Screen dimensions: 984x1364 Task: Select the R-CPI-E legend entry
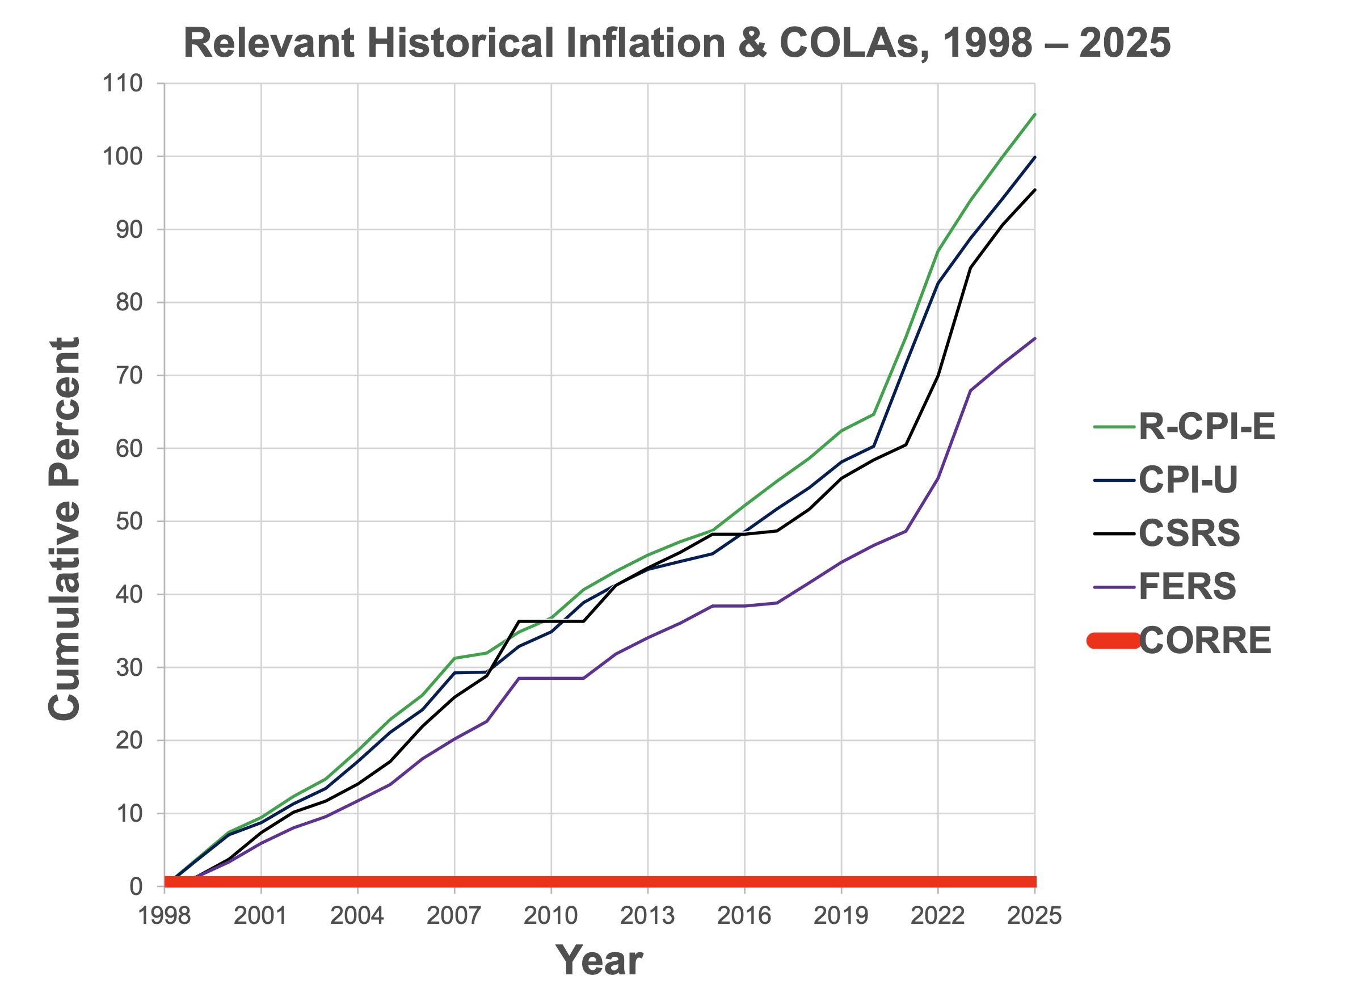coord(1206,427)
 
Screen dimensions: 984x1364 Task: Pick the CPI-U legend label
coord(1188,480)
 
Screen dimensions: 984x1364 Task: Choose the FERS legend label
coord(1186,586)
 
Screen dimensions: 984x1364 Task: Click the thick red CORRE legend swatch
coord(1113,641)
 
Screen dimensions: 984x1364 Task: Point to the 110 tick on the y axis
coord(123,83)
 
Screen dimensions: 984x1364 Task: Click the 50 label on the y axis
coord(129,522)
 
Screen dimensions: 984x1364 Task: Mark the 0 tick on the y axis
coord(136,886)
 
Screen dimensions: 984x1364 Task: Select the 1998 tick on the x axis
coord(164,916)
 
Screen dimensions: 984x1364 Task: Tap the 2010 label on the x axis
coord(551,916)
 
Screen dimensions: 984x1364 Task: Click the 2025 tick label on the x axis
coord(1034,916)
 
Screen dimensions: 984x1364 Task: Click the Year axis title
coord(599,961)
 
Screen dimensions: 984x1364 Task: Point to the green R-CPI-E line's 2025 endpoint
coord(1034,113)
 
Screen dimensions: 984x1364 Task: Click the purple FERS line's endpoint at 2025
coord(1034,338)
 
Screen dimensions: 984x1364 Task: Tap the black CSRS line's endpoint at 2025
coord(1034,190)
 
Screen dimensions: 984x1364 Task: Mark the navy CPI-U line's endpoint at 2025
coord(1034,157)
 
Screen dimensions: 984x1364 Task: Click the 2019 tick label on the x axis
coord(841,916)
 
